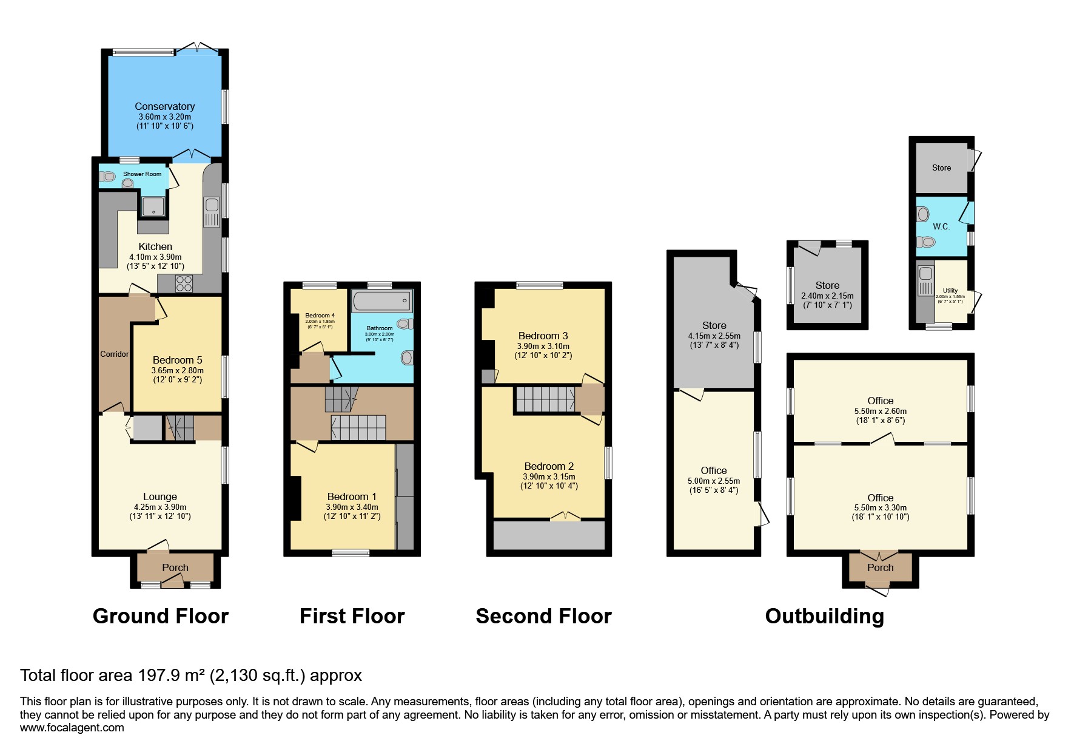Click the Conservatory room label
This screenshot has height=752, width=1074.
(x=164, y=106)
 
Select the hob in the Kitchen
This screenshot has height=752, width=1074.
(x=184, y=283)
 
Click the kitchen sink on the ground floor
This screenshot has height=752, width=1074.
(x=212, y=211)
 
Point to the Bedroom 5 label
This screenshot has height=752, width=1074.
(x=177, y=360)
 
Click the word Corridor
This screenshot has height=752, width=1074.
(x=114, y=354)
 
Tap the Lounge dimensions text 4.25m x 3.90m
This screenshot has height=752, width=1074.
(x=160, y=507)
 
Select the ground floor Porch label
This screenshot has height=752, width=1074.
(x=175, y=567)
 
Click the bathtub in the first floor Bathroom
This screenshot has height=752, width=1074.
(x=381, y=302)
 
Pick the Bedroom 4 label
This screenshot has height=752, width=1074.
(x=320, y=315)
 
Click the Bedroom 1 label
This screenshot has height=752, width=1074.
(x=352, y=496)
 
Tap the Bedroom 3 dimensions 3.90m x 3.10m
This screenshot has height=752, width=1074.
(x=543, y=346)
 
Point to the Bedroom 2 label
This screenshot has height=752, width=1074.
(x=549, y=466)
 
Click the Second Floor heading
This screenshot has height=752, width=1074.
(x=543, y=616)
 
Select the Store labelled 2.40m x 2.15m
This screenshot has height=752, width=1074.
(x=827, y=285)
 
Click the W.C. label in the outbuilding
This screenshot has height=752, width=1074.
(x=941, y=226)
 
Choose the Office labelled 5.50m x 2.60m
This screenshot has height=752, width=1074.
(x=880, y=401)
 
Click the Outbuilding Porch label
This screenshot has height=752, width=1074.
(x=880, y=567)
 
